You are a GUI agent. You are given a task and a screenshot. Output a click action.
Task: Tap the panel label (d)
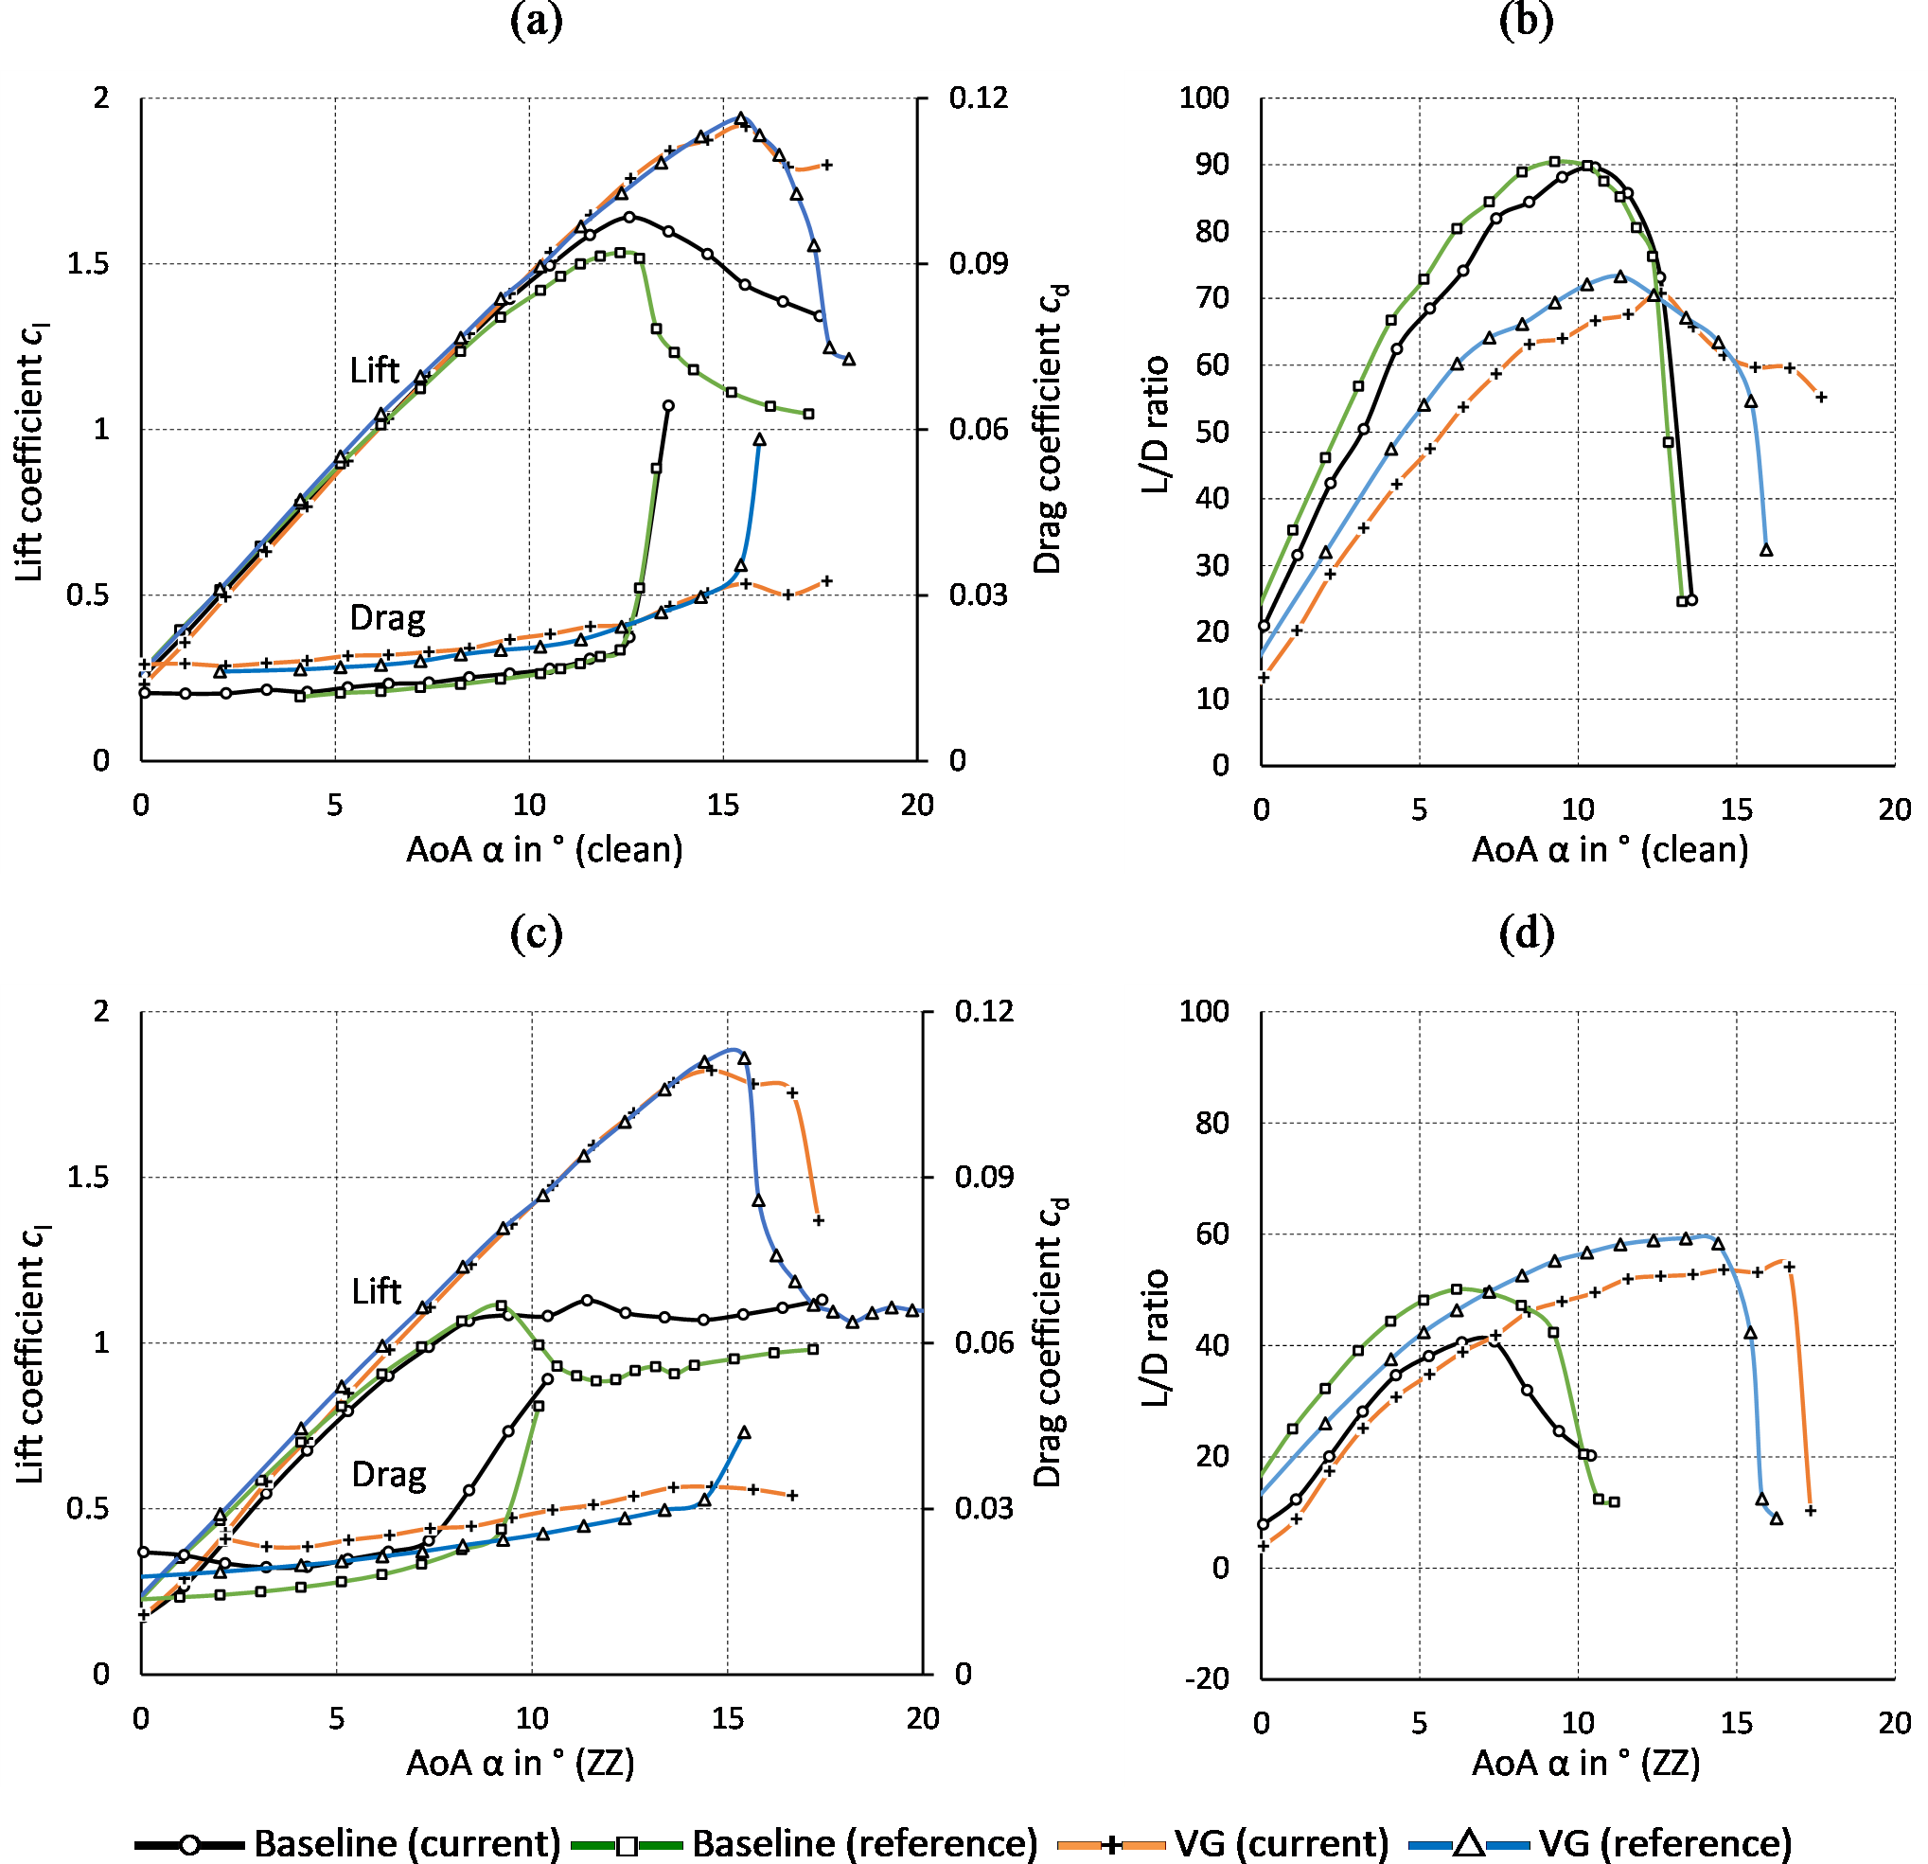tap(1527, 932)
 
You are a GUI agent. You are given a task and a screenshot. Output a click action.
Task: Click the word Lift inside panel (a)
tap(375, 371)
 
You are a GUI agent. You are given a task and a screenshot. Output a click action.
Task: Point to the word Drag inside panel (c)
tap(389, 1476)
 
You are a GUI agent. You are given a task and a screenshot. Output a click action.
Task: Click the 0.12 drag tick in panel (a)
tap(978, 98)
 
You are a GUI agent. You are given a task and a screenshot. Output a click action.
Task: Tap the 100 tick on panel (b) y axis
tap(1204, 98)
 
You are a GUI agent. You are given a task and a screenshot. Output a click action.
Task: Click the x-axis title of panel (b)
tap(1610, 850)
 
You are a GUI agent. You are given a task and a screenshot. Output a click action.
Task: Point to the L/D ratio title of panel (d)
tap(1156, 1338)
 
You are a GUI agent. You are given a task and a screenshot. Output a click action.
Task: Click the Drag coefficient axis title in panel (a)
tap(1050, 429)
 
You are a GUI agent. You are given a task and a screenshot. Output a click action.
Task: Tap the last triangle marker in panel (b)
tap(1767, 551)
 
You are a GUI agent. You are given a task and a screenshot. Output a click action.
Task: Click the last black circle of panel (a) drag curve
tap(669, 405)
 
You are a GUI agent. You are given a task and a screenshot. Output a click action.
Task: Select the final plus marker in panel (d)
tap(1810, 1511)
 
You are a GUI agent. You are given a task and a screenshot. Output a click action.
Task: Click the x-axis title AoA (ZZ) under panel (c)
tap(521, 1764)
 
